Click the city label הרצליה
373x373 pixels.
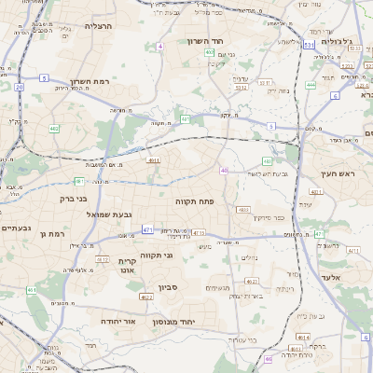98,26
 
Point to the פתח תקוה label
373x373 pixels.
195,200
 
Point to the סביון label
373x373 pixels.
168,288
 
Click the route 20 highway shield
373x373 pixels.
19,87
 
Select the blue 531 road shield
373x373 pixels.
309,44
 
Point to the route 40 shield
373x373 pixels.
225,170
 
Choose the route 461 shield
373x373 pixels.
32,290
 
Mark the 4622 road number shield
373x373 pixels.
147,297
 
